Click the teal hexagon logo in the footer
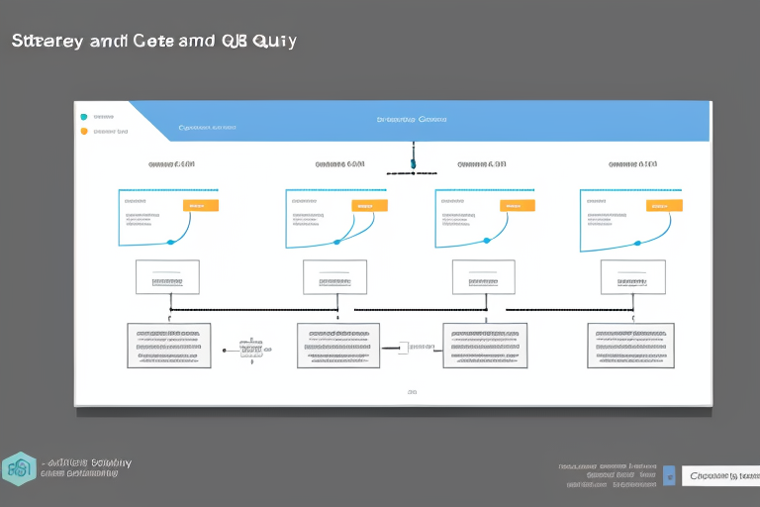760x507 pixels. tap(19, 468)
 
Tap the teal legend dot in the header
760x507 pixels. tap(83, 117)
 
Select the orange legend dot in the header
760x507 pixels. tap(83, 130)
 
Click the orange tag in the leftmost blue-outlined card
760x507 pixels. tap(201, 205)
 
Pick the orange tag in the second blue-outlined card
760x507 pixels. tap(369, 205)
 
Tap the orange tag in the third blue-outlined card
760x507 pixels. tap(518, 205)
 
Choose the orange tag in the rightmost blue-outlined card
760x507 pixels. tap(664, 205)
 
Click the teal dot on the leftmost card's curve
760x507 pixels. tap(170, 242)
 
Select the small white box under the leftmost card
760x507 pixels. tap(167, 277)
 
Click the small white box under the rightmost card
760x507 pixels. tap(633, 277)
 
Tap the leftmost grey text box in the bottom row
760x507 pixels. tap(168, 346)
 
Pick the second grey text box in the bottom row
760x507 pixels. tap(338, 346)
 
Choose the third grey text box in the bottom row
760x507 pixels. tap(485, 346)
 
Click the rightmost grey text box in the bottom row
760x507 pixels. tap(630, 346)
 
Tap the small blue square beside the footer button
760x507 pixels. tap(669, 475)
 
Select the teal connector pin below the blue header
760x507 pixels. tap(413, 162)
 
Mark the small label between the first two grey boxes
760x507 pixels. tap(252, 348)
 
